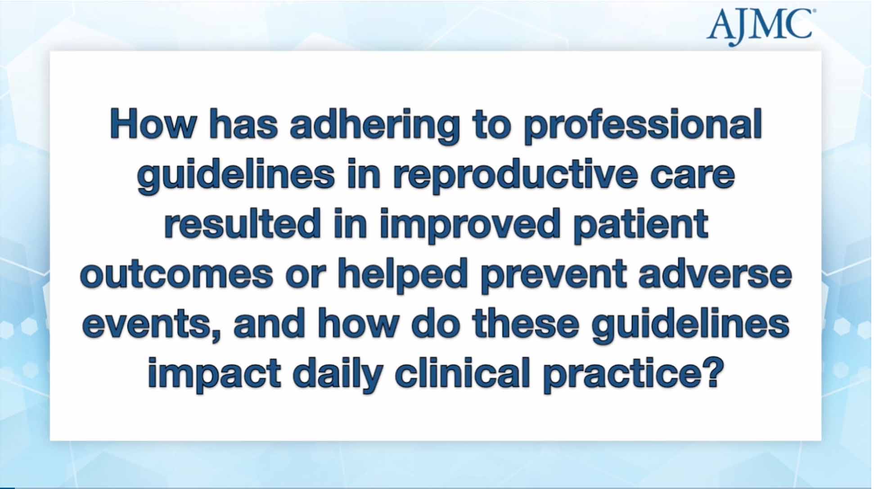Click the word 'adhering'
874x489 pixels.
(x=374, y=125)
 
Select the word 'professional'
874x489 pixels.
(x=643, y=125)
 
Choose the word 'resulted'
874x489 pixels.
(x=242, y=224)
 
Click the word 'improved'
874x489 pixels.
(x=470, y=224)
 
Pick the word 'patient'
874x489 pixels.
(x=641, y=224)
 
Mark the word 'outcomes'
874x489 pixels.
(x=177, y=274)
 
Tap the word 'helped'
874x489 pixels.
(x=403, y=274)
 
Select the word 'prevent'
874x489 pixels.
(x=554, y=274)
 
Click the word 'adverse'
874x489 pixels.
(x=715, y=274)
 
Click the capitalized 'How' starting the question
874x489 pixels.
(x=153, y=125)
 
